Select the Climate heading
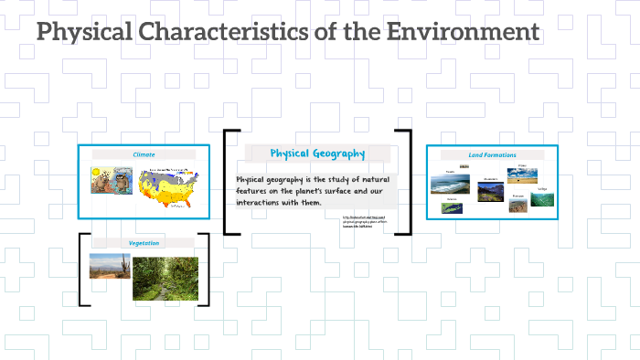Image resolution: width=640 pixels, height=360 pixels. point(144,154)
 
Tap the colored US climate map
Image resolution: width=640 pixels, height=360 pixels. point(168,186)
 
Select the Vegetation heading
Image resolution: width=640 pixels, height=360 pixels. point(144,243)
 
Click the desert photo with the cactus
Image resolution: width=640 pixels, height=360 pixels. point(110,265)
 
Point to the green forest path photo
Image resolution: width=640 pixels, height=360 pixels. point(165,278)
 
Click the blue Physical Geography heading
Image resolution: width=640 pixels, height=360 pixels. point(317,154)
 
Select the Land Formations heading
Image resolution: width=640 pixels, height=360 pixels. point(492,155)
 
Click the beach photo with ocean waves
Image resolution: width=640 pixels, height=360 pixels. point(451,184)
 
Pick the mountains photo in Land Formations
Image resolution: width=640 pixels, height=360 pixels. point(490,191)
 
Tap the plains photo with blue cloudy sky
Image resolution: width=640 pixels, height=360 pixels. point(523,176)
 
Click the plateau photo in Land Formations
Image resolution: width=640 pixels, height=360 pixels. point(517,206)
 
